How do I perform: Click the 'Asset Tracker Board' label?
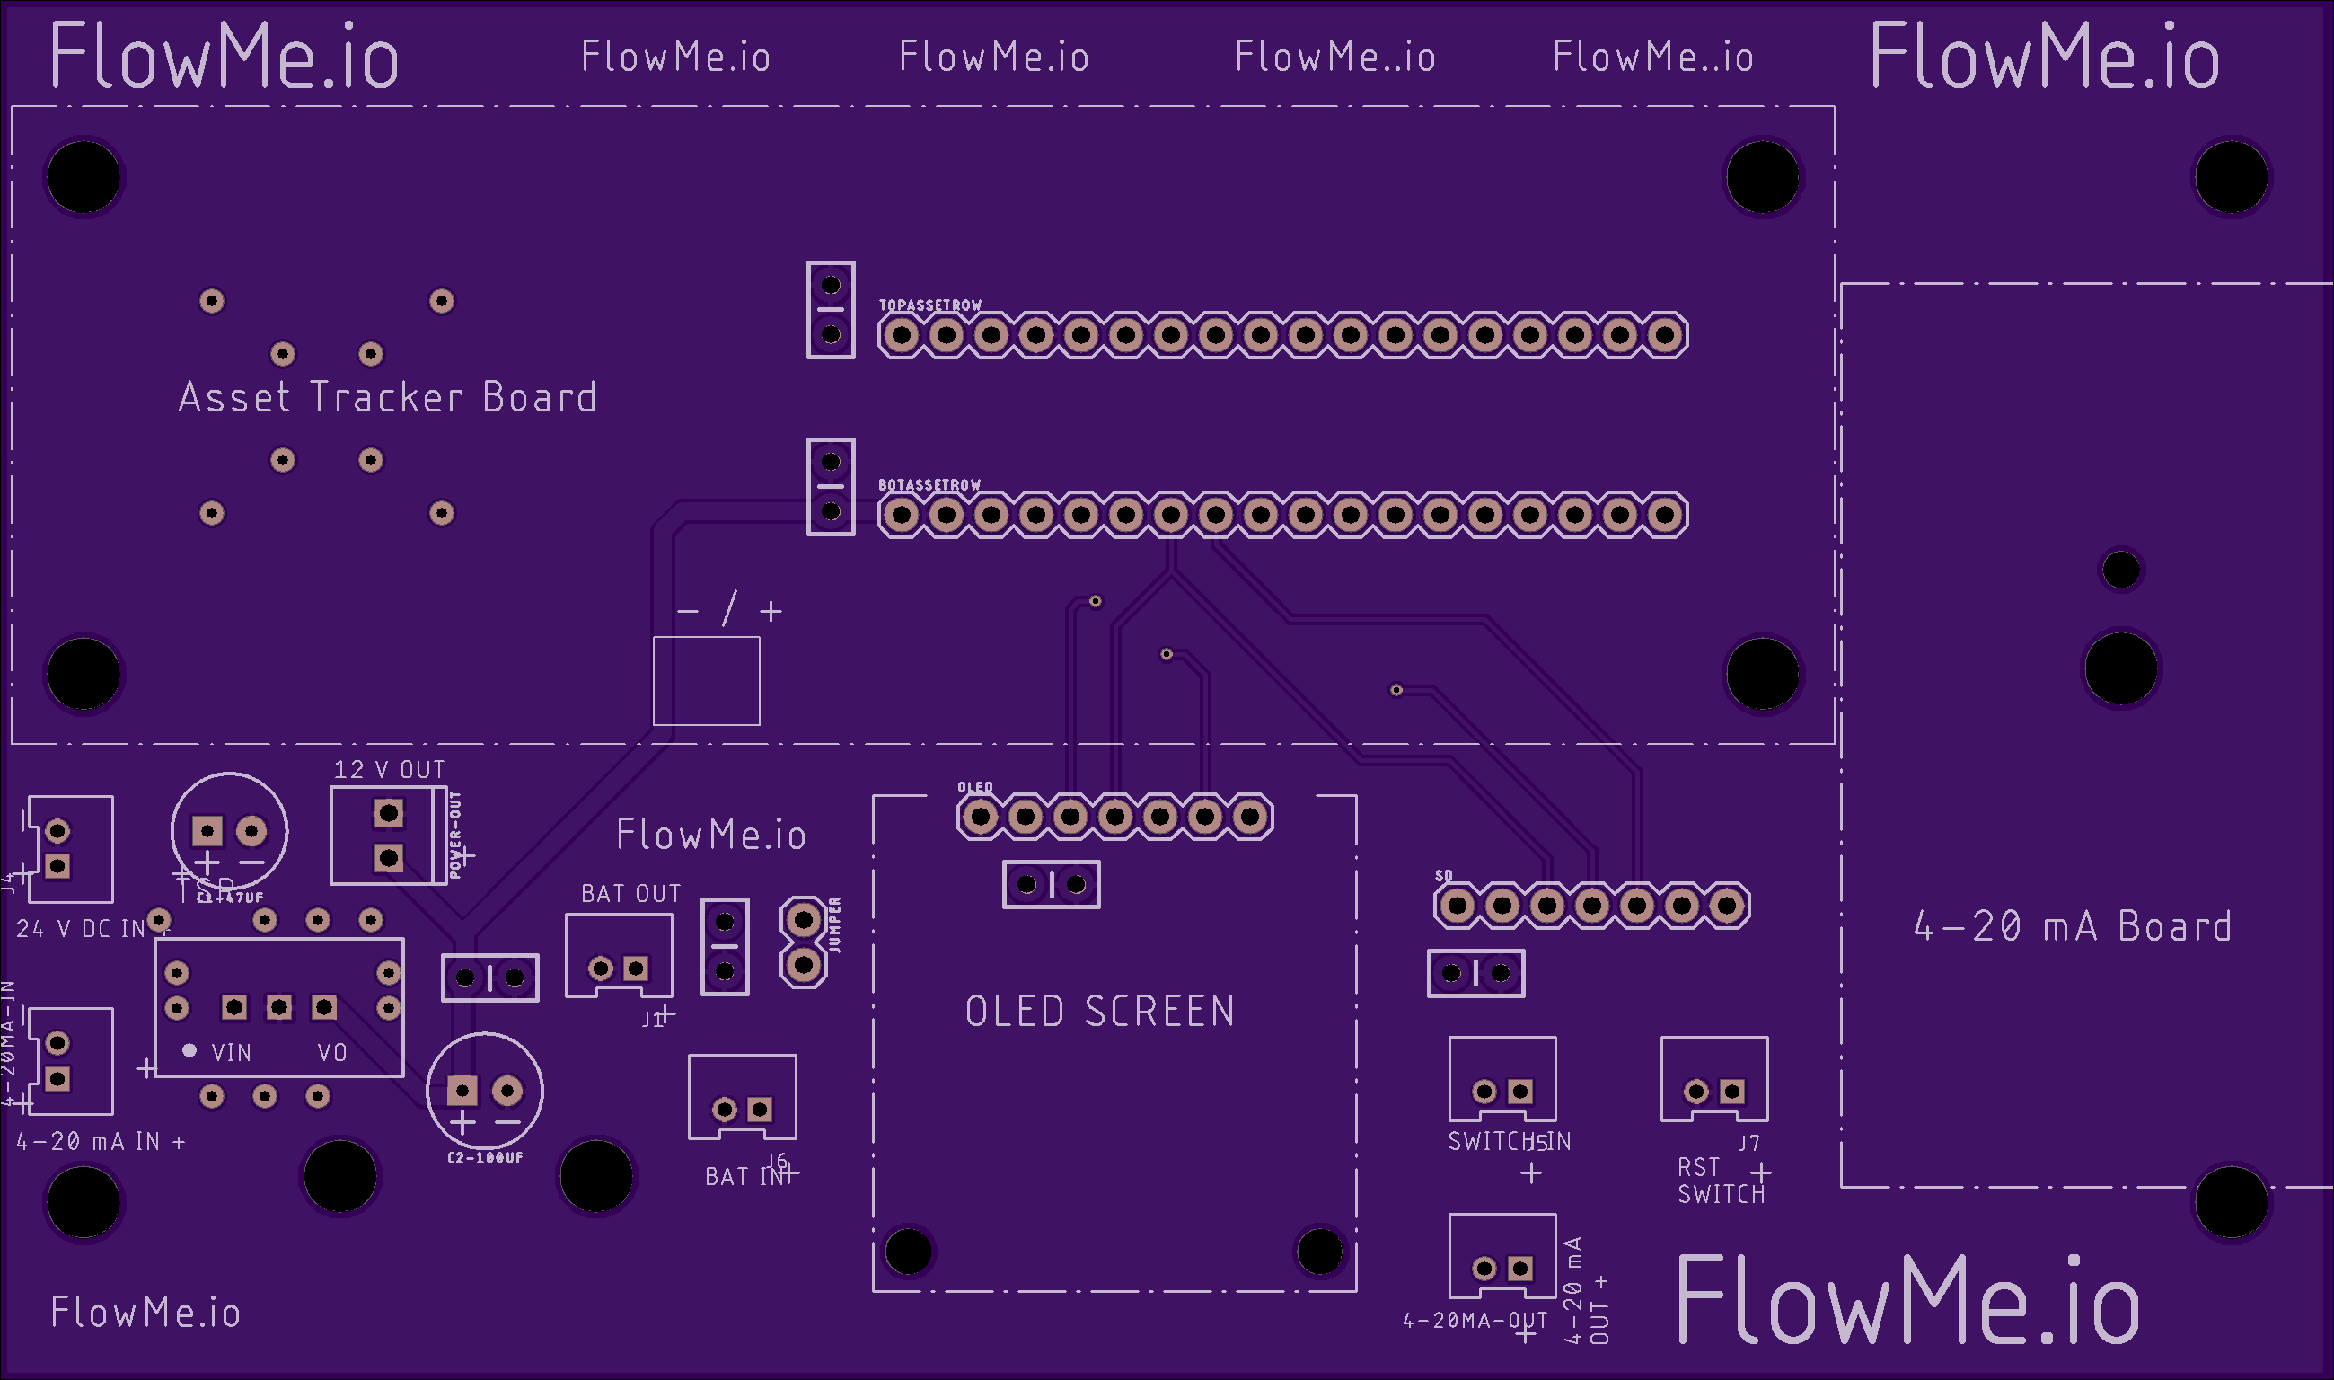click(x=388, y=397)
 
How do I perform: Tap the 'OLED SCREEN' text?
click(x=1099, y=1012)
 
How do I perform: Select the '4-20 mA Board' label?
click(x=2072, y=926)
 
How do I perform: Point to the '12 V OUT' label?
click(x=390, y=770)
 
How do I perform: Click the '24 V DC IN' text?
click(x=81, y=929)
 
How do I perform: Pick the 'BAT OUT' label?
click(x=631, y=894)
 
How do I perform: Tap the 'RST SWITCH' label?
click(x=1721, y=1181)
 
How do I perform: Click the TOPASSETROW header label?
click(x=930, y=305)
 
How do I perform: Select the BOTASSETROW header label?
click(x=929, y=484)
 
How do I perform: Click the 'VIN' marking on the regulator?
click(x=232, y=1053)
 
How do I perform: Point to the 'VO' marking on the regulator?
click(x=332, y=1053)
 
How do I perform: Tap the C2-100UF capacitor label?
click(x=485, y=1158)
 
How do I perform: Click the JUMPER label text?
click(x=834, y=924)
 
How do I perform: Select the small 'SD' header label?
click(x=1443, y=876)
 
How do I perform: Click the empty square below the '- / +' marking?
click(x=707, y=681)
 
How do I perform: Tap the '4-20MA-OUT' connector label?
click(x=1475, y=1321)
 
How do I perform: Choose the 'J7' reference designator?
click(x=1749, y=1142)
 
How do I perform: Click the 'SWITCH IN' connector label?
click(x=1510, y=1141)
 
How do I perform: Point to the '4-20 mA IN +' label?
click(x=101, y=1141)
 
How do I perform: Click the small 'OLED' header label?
click(x=975, y=788)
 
